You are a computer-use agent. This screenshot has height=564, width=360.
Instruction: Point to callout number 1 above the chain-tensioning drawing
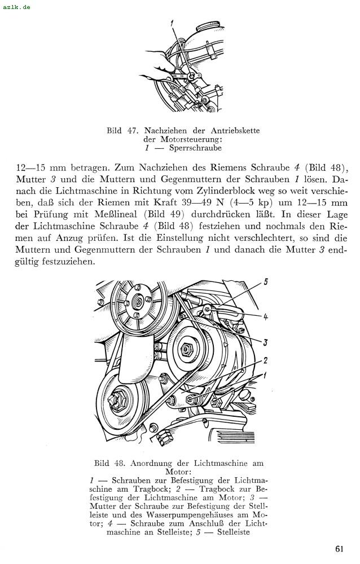pos(174,24)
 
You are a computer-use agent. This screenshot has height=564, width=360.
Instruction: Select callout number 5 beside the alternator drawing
pos(266,281)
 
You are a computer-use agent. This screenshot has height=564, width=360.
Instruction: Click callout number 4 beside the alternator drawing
pos(265,316)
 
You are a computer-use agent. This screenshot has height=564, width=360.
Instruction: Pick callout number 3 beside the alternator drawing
pos(265,342)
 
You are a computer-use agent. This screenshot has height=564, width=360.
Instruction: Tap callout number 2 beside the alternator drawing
pos(265,360)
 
